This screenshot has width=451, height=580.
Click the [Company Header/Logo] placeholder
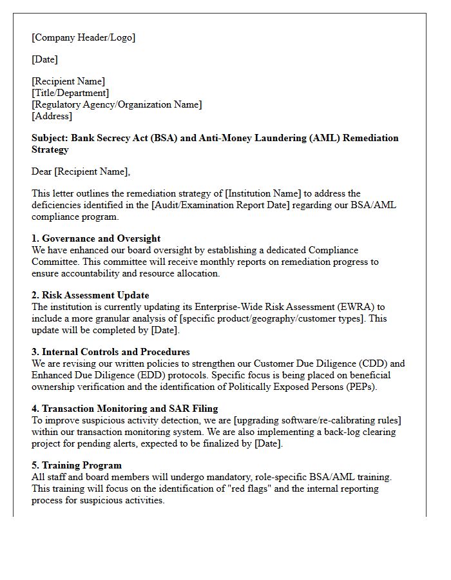click(x=84, y=37)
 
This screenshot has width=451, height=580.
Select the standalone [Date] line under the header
click(x=45, y=59)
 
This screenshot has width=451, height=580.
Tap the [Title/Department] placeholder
click(x=70, y=93)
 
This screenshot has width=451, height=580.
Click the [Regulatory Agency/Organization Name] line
click(x=117, y=104)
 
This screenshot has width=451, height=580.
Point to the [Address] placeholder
click(x=52, y=116)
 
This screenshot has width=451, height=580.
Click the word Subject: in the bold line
click(x=50, y=138)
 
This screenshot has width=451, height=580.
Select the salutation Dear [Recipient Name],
click(x=81, y=171)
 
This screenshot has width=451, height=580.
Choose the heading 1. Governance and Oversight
click(x=96, y=238)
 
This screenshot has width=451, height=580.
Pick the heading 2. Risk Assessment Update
click(x=91, y=295)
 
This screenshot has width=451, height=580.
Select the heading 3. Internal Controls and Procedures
click(x=111, y=352)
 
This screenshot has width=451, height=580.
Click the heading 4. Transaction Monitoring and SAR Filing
click(x=125, y=409)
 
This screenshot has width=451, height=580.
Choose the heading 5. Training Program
click(x=77, y=465)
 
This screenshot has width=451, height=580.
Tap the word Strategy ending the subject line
click(x=50, y=150)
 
